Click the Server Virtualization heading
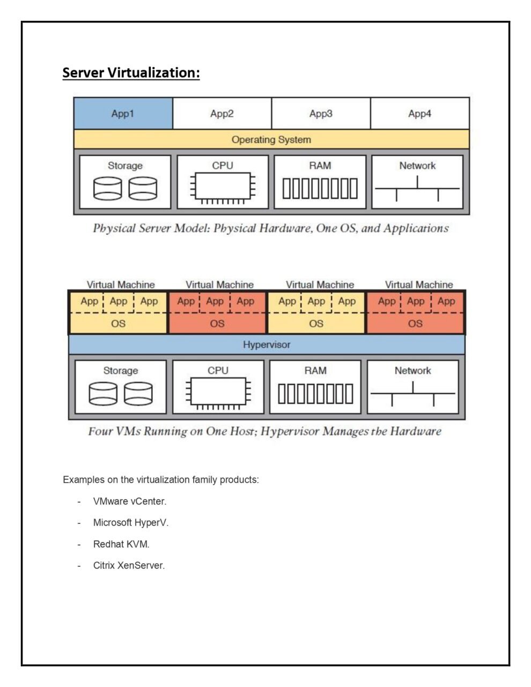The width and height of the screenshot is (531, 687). pyautogui.click(x=131, y=72)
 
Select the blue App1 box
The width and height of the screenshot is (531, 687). pyautogui.click(x=123, y=114)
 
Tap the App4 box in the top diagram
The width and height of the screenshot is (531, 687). pyautogui.click(x=419, y=114)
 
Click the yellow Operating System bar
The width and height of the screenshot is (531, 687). pyautogui.click(x=271, y=139)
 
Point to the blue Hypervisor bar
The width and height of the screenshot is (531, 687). pyautogui.click(x=266, y=344)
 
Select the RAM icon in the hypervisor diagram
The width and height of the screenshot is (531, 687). pyautogui.click(x=315, y=394)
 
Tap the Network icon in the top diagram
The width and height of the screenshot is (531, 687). pyautogui.click(x=417, y=189)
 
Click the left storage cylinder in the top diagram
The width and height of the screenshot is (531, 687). pyautogui.click(x=107, y=189)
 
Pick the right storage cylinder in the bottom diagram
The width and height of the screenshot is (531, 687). pyautogui.click(x=138, y=394)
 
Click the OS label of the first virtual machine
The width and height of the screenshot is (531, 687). pyautogui.click(x=118, y=323)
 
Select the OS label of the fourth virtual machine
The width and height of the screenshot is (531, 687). pyautogui.click(x=415, y=323)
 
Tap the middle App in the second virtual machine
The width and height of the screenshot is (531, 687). pyautogui.click(x=215, y=301)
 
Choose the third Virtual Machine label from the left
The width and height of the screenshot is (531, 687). pyautogui.click(x=320, y=285)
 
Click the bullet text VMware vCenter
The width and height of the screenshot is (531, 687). pyautogui.click(x=129, y=501)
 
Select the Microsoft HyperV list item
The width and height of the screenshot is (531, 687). pyautogui.click(x=130, y=522)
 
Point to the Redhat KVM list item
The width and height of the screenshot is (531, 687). pyautogui.click(x=121, y=544)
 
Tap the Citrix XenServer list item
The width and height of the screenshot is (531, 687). pyautogui.click(x=129, y=565)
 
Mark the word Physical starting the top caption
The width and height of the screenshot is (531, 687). pyautogui.click(x=114, y=228)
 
